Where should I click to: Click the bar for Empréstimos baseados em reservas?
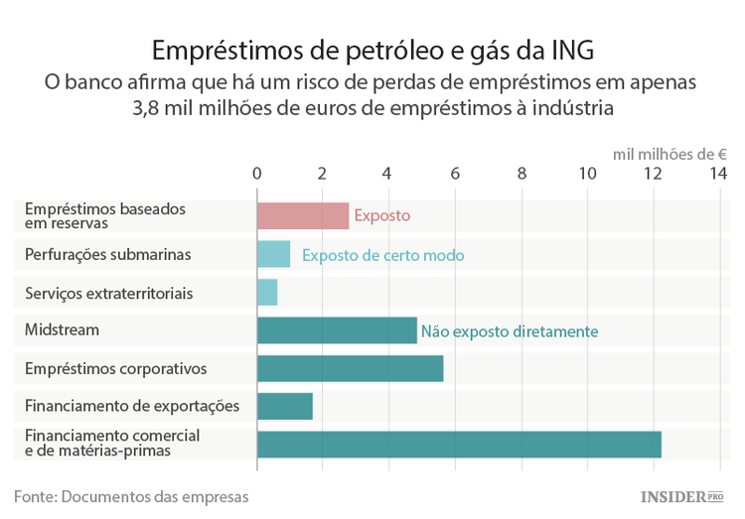pos(303,216)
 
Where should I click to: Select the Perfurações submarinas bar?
pos(273,254)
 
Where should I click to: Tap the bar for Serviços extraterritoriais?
pos(267,293)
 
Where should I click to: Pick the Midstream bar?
pos(337,330)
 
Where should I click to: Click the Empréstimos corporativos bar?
pos(350,368)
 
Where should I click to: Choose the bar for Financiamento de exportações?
pos(285,406)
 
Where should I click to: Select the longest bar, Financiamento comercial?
pos(459,444)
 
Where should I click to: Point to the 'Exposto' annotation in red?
pos(381,216)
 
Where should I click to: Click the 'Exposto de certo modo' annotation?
pos(382,255)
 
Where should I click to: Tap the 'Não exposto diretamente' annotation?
pos(510,331)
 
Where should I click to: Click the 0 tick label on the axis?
pos(257,174)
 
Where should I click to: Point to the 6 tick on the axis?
pos(455,174)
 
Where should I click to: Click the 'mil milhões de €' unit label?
pos(670,154)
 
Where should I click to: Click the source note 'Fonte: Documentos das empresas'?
pos(131,495)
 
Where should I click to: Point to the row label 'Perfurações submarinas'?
pos(107,255)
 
